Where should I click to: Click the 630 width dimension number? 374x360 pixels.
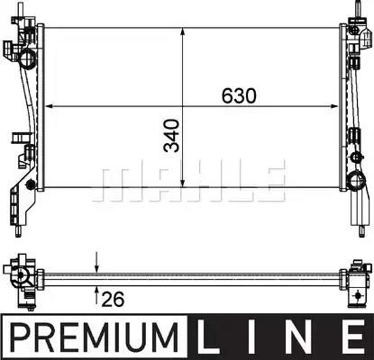point(239,96)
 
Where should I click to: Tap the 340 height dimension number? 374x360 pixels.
point(171,135)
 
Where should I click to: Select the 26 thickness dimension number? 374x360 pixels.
point(113,299)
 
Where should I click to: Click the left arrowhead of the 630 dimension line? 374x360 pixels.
point(49,106)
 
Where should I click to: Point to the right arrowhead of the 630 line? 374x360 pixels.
point(334,106)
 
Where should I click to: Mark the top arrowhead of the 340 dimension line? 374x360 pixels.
point(183,31)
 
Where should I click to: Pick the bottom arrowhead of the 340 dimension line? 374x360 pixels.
point(183,184)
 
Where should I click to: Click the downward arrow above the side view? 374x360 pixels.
point(96,263)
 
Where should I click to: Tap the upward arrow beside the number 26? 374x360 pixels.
point(96,295)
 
